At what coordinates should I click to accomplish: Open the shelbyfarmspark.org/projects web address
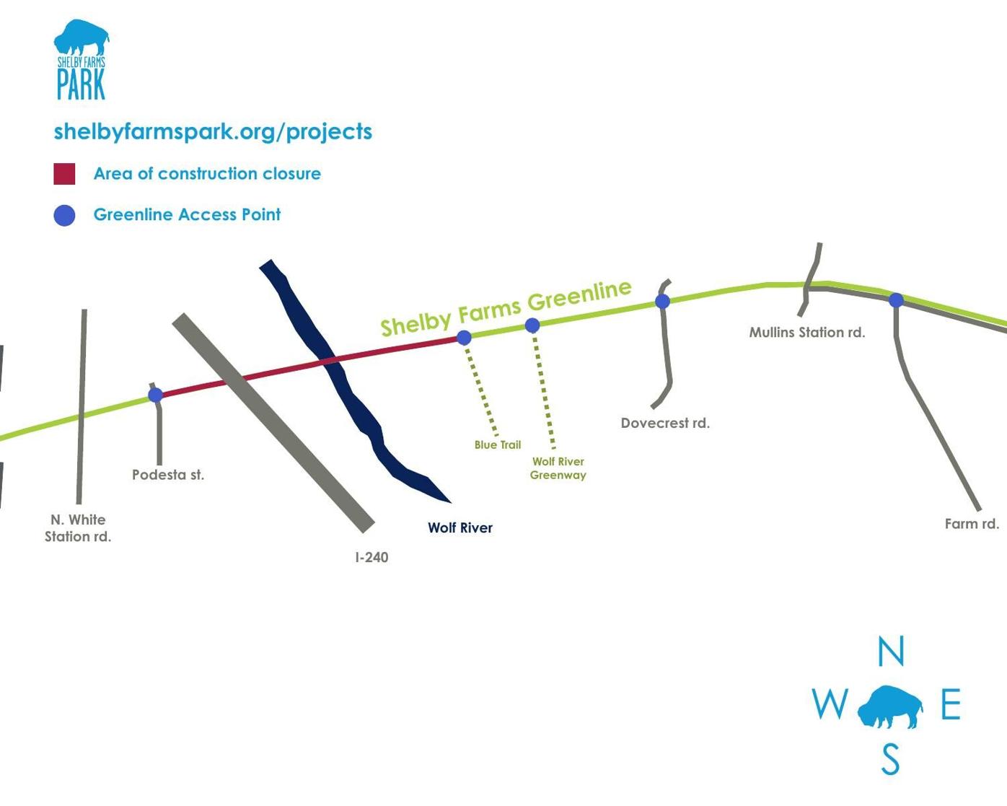213,131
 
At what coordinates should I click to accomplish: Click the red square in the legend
64,174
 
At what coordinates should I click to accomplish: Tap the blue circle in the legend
64,215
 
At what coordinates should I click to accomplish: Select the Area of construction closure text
207,174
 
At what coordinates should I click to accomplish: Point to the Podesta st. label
168,475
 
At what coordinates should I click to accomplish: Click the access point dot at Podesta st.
155,395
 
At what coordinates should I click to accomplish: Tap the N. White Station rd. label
78,528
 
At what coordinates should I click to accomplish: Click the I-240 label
371,557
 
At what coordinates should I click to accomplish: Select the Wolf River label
460,527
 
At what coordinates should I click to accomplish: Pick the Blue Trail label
497,444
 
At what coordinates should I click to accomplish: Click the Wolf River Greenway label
558,468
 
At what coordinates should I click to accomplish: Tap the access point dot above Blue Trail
464,337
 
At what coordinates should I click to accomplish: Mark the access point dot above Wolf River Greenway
532,325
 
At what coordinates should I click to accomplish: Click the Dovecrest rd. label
665,423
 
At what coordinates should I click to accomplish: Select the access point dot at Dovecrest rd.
662,301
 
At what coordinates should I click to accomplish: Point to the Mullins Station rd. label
806,333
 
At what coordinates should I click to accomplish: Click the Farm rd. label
972,524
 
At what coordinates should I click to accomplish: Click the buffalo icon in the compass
890,707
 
